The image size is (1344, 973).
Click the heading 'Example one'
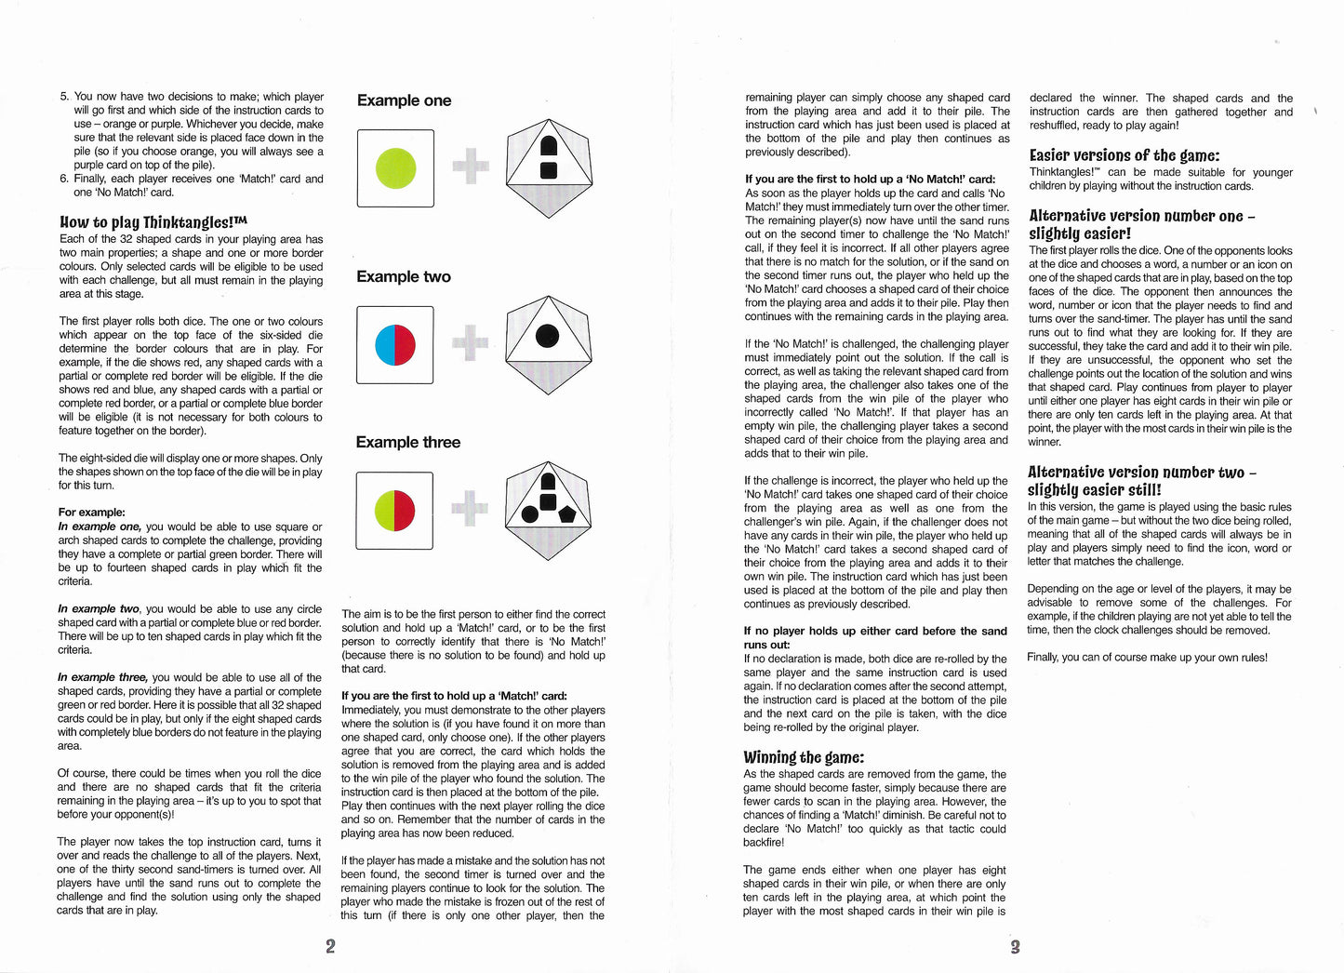(404, 100)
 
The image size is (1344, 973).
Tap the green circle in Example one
(395, 167)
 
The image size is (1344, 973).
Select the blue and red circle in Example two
(395, 344)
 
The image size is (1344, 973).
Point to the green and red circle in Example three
(394, 511)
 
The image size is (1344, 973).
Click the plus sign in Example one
(470, 167)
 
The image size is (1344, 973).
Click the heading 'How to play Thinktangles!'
(153, 222)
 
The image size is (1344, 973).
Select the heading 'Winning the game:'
(804, 756)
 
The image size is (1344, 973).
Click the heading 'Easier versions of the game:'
(1124, 155)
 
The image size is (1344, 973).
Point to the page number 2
(330, 946)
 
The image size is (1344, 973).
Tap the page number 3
(1015, 947)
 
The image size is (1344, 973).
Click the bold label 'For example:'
(91, 512)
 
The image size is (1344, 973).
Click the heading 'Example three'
(407, 442)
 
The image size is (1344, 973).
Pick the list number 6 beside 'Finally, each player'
(63, 179)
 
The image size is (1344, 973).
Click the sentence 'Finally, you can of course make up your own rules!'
(1147, 658)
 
